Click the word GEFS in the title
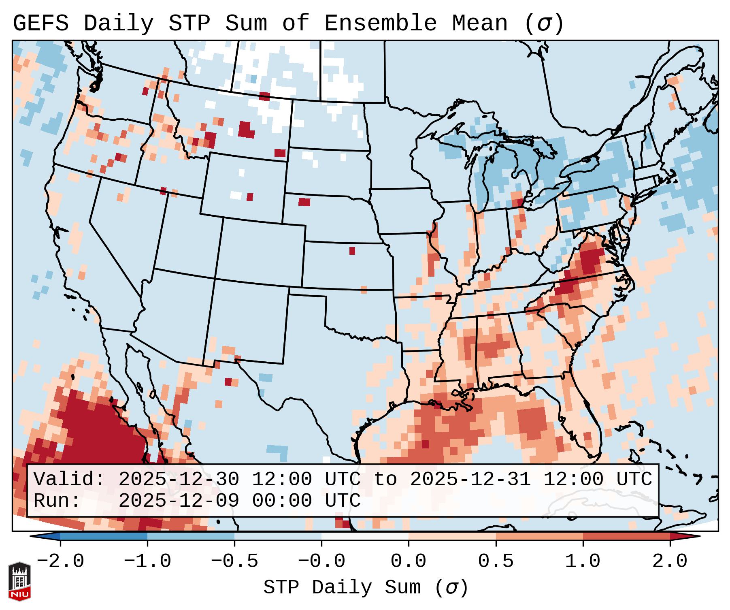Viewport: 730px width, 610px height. (x=40, y=23)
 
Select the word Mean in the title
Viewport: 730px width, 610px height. (x=479, y=23)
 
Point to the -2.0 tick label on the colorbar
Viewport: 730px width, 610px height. (x=60, y=561)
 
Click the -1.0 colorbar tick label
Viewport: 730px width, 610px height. (x=147, y=561)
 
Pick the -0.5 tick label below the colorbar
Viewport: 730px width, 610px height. (x=234, y=561)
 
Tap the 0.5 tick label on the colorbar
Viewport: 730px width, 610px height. (x=496, y=561)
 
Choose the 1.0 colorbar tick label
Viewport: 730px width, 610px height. (x=583, y=561)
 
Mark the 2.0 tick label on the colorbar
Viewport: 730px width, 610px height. (x=670, y=561)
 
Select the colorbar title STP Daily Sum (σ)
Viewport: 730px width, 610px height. (x=366, y=588)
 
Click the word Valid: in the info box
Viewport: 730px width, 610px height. (x=69, y=479)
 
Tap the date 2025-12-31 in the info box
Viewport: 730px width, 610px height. (x=470, y=479)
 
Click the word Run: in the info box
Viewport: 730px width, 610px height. (x=57, y=501)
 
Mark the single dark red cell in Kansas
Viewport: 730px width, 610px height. (x=352, y=251)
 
